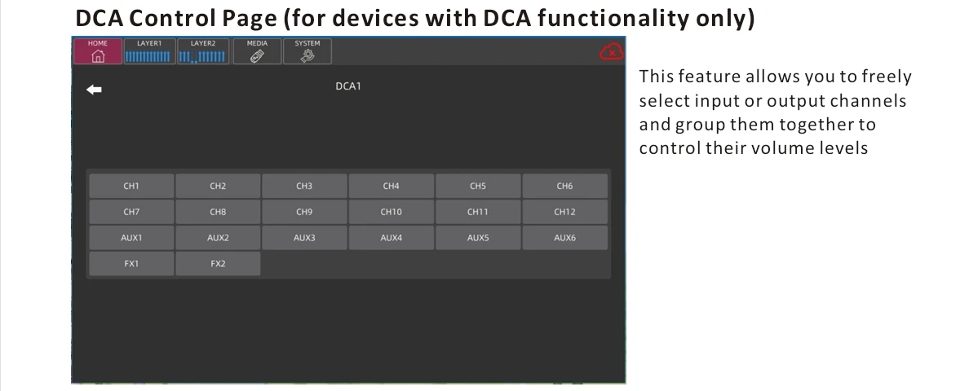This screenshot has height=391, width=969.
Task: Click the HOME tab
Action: point(98,51)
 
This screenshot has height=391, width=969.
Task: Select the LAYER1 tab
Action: point(149,51)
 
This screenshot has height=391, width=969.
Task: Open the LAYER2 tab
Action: point(203,51)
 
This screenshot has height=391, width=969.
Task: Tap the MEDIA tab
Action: point(257,51)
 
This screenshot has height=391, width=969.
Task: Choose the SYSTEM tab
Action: point(308,51)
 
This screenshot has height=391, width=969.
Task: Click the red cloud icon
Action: point(611,52)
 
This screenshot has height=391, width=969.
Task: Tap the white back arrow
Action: point(94,90)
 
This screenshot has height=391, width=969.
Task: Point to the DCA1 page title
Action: point(348,86)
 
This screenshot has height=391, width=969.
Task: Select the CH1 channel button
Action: point(131,187)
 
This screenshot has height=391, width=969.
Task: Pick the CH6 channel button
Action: point(564,187)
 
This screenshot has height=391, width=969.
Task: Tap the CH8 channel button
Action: point(218,212)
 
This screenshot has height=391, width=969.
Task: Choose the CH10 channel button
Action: point(392,212)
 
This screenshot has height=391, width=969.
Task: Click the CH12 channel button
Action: point(564,212)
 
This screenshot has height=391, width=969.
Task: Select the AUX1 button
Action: point(131,238)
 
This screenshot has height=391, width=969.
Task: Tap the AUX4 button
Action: point(392,238)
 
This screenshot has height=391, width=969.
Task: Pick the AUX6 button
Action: point(564,238)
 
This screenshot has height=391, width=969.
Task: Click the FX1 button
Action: point(131,264)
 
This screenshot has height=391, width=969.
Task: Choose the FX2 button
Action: point(218,264)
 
